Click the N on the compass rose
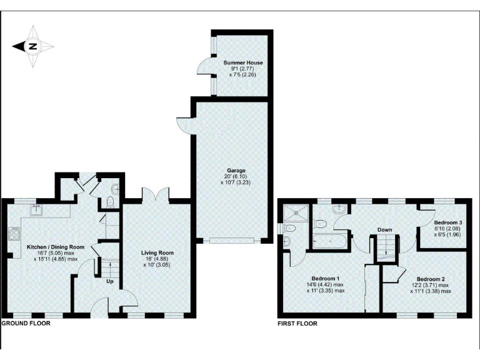point(33,46)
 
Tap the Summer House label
point(243,63)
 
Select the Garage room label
point(236,170)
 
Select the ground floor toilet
point(110,201)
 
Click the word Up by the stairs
point(110,281)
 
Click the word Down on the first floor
point(384,230)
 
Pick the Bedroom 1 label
point(325,278)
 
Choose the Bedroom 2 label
point(431,278)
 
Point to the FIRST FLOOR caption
point(297,324)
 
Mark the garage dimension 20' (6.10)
point(236,177)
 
